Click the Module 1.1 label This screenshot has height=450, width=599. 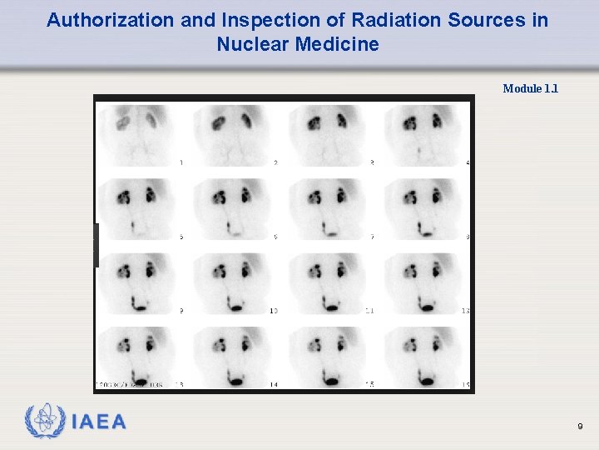point(531,88)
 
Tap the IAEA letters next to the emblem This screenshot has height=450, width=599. point(99,422)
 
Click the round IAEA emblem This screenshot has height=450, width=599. point(46,422)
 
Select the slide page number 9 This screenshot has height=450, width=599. point(580,427)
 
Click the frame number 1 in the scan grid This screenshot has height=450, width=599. point(181,162)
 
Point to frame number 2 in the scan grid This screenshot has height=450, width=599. point(276,162)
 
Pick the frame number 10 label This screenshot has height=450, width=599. point(274,310)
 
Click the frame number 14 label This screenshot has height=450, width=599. point(274,384)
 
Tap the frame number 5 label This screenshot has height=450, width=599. point(181,237)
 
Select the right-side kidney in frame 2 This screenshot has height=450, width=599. point(247,122)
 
